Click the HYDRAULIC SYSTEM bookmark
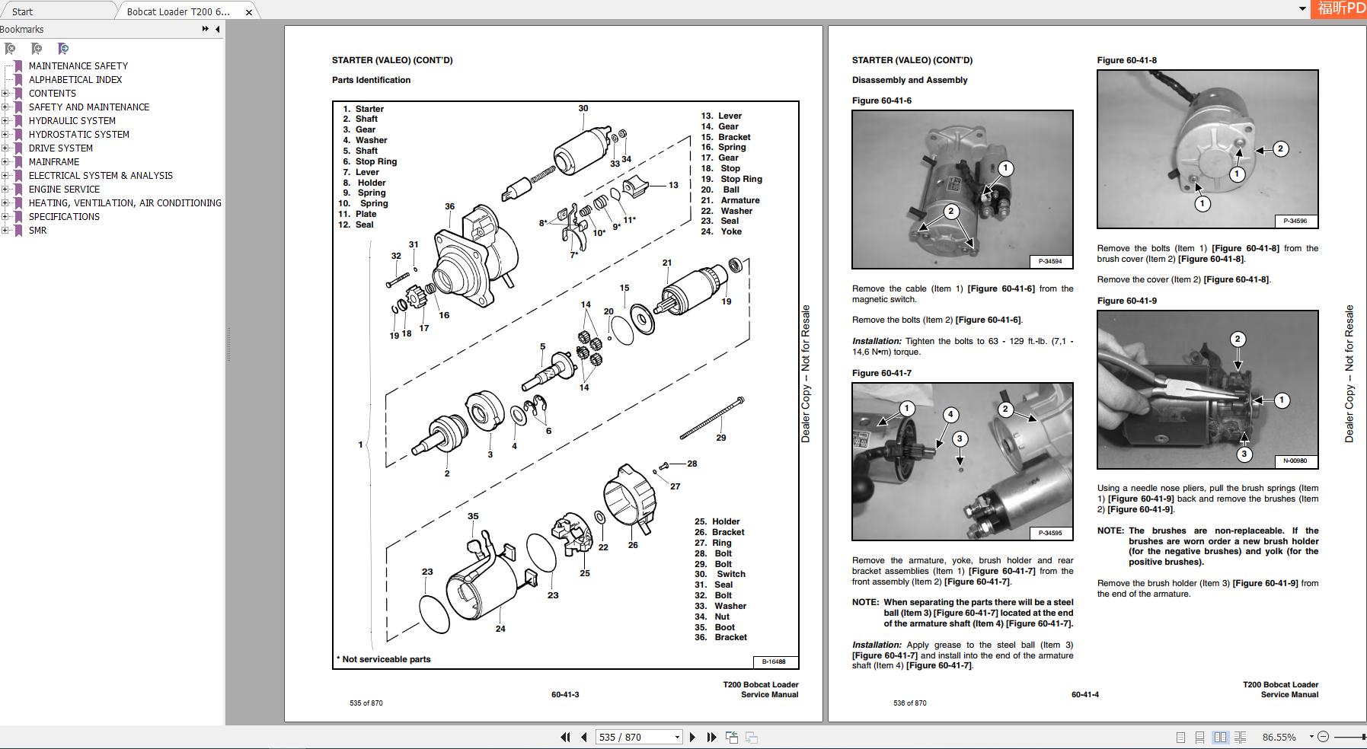(72, 120)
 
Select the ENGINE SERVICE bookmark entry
(64, 189)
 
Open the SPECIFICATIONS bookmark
(64, 216)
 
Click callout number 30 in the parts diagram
(583, 108)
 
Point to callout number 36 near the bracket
(449, 206)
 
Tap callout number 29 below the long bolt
(720, 438)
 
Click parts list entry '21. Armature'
(730, 200)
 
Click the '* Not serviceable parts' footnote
(384, 659)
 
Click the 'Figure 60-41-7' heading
(881, 373)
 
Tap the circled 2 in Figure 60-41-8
(1280, 149)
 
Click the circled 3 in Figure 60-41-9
(1244, 454)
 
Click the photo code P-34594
(1050, 261)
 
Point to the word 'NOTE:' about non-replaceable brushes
(1110, 531)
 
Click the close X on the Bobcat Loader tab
(248, 12)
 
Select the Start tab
(23, 11)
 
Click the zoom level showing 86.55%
(1279, 737)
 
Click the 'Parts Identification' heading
(371, 80)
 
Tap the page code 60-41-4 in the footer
(1084, 694)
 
